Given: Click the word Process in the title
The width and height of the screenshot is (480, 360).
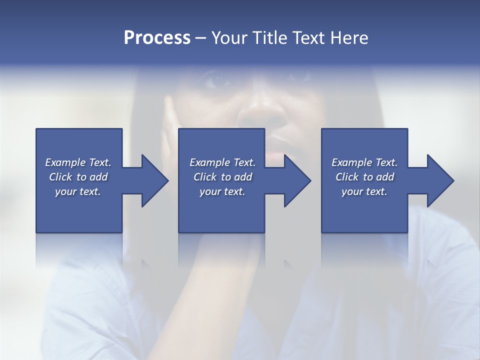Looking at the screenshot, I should coord(157,38).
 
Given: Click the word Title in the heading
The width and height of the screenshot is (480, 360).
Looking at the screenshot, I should coord(272,38).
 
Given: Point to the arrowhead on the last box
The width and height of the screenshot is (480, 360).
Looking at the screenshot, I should coord(439,180).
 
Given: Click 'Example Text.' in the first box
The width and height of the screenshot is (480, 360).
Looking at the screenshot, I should coord(78,162).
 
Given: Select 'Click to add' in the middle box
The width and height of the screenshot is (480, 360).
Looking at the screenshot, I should coord(222,177).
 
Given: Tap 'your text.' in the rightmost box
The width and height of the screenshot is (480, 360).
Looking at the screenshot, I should coord(364,191).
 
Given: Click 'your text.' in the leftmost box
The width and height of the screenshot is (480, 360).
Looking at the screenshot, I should coord(78,191).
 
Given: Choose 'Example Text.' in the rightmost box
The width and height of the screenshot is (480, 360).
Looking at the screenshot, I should coord(364,162).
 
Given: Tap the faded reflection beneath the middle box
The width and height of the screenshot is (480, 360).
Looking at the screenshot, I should coord(221,250).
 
